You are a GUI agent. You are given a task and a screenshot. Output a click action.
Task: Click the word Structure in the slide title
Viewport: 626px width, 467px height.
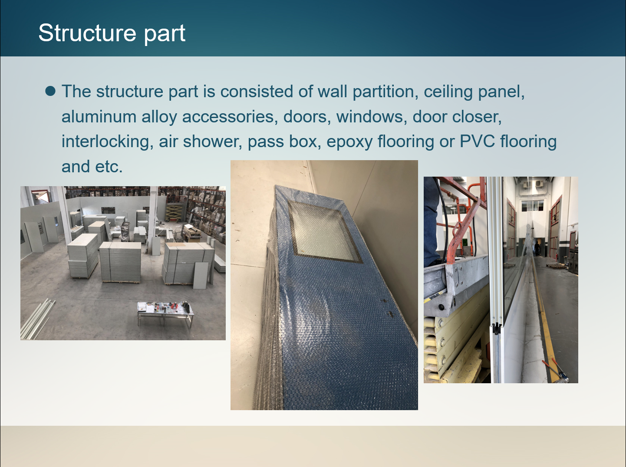click(x=87, y=33)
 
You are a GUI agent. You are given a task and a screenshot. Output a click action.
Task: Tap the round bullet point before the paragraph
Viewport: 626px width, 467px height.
click(x=50, y=91)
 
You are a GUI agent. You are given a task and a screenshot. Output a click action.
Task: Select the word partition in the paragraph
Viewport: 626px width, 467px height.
click(x=385, y=92)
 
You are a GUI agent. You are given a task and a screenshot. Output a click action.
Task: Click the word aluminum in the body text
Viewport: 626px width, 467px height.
click(x=99, y=117)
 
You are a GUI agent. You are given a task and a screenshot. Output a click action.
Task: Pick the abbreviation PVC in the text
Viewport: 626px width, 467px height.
click(x=478, y=141)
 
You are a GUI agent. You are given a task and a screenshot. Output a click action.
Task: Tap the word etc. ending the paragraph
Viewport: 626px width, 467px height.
click(x=109, y=167)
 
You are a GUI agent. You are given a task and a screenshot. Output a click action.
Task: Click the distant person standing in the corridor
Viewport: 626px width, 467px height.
click(x=537, y=248)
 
